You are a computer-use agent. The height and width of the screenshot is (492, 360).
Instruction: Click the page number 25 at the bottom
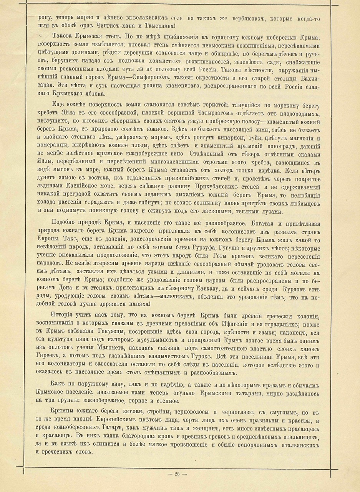(x=177, y=474)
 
